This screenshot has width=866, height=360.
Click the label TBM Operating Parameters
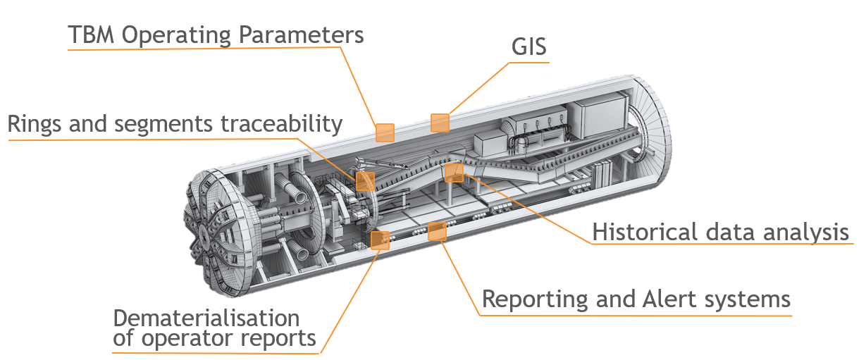point(216,35)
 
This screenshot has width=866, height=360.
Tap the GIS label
point(529,47)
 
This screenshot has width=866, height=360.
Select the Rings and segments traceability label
point(175,125)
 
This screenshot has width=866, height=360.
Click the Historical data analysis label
point(720,232)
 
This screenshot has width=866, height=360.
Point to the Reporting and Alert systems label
point(636,299)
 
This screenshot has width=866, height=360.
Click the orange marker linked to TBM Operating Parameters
point(385,132)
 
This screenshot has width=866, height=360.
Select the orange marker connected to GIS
point(440,123)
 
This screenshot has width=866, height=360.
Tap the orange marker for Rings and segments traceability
point(365,181)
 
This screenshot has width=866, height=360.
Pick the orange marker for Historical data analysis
point(454,172)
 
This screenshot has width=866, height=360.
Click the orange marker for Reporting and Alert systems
point(438,230)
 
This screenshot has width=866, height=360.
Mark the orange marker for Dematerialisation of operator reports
point(380,240)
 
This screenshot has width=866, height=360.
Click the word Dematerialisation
point(206,317)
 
